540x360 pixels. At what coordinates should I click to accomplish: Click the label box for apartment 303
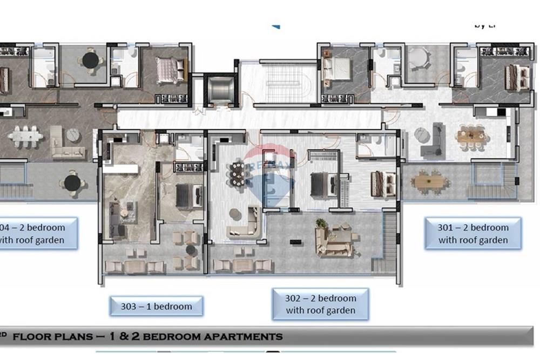pos(156,306)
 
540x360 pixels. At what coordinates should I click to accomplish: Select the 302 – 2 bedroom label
pos(321,304)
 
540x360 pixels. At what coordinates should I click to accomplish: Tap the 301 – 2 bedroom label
pos(473,234)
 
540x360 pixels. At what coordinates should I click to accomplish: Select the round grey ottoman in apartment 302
pos(235,214)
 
